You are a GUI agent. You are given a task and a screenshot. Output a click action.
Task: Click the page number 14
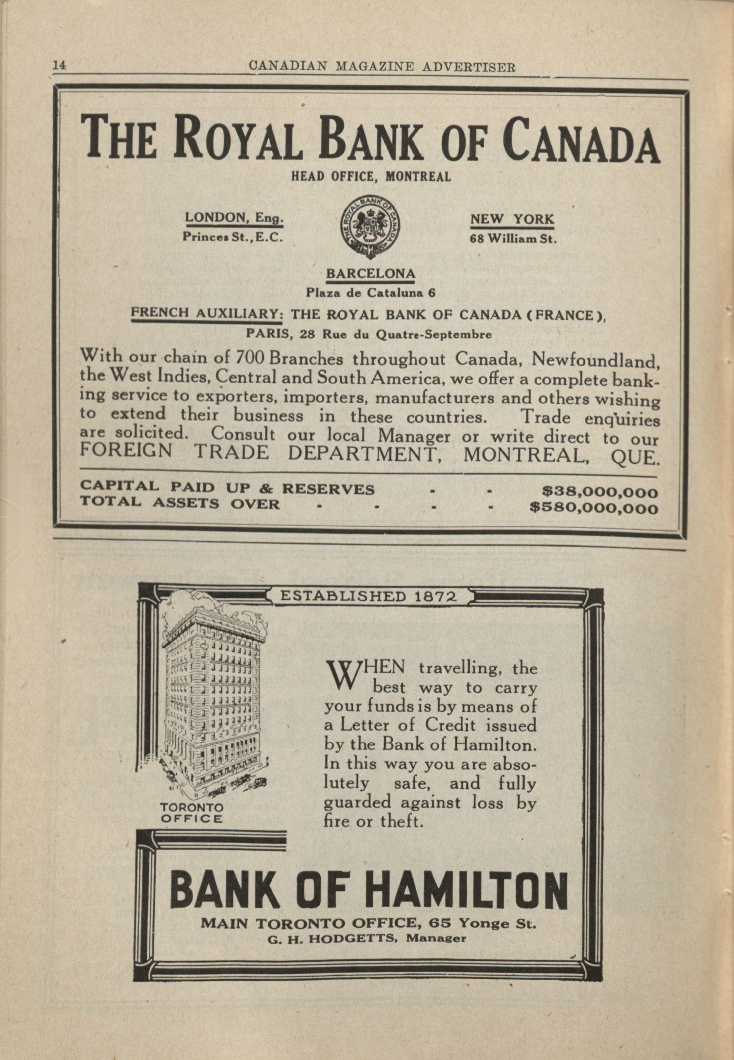[x=59, y=65]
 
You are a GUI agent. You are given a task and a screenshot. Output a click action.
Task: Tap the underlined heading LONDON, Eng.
[x=234, y=218]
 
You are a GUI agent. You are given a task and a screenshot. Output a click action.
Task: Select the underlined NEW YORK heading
[x=512, y=219]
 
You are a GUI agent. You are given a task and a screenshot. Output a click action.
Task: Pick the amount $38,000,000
[x=600, y=492]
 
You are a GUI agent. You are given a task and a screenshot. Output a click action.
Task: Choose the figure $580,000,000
[x=594, y=508]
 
